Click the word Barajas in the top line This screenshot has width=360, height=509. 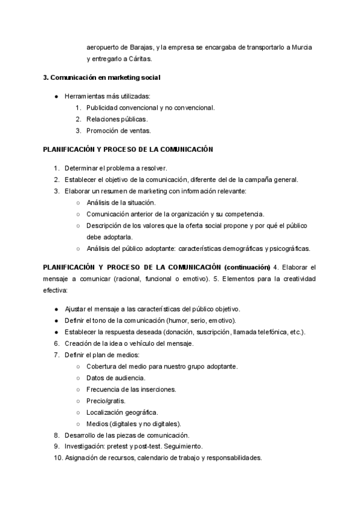142,47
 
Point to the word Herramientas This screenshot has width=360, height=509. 83,96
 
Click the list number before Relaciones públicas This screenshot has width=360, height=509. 78,119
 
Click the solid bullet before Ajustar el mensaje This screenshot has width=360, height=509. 56,309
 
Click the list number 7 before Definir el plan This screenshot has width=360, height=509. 56,355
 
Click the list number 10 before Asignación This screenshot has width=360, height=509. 55,458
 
